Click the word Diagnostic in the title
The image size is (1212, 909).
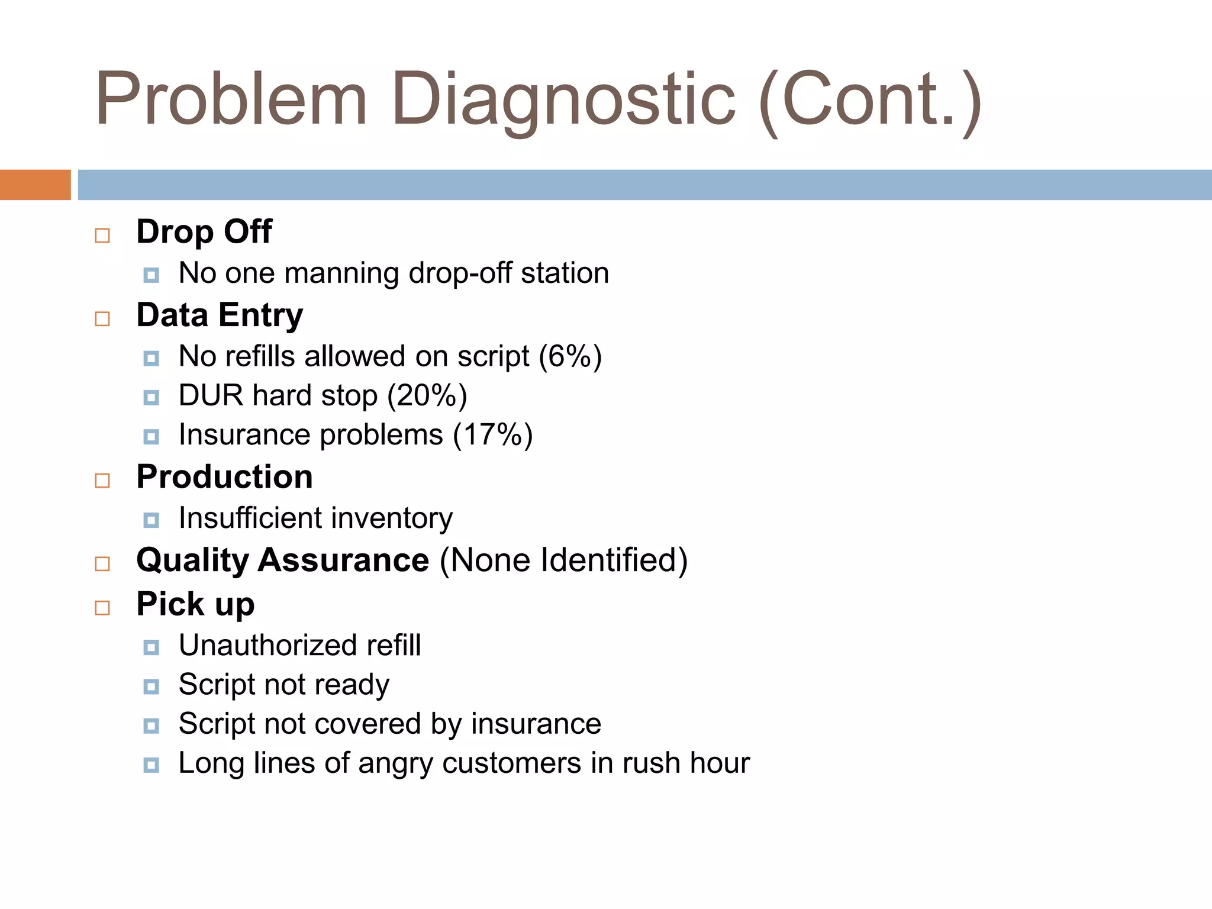pyautogui.click(x=563, y=99)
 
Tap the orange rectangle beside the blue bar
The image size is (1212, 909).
pyautogui.click(x=35, y=185)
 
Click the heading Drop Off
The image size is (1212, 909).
pyautogui.click(x=204, y=231)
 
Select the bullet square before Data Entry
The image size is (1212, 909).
pyautogui.click(x=102, y=319)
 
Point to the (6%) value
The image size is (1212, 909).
pyautogui.click(x=570, y=357)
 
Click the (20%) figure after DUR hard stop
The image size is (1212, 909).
pyautogui.click(x=427, y=396)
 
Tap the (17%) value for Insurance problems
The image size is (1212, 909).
pyautogui.click(x=492, y=435)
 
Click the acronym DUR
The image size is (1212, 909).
pyautogui.click(x=211, y=396)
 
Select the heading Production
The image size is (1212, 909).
pyautogui.click(x=224, y=477)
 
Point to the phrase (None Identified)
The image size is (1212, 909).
pyautogui.click(x=563, y=560)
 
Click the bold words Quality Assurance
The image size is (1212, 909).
pyautogui.click(x=282, y=560)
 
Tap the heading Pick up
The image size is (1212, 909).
pyautogui.click(x=195, y=605)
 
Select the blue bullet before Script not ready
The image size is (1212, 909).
pyautogui.click(x=151, y=686)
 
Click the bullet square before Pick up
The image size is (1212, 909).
pyautogui.click(x=102, y=608)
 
